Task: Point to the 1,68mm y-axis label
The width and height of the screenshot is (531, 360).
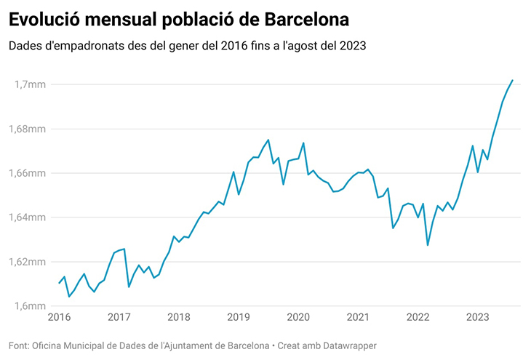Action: tap(28, 129)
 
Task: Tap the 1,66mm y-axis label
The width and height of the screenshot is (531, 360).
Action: tap(28, 173)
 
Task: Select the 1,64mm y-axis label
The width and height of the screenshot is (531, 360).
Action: tap(28, 217)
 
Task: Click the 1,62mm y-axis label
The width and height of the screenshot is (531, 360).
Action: tap(28, 262)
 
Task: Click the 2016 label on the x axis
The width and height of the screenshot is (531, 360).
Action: tap(59, 317)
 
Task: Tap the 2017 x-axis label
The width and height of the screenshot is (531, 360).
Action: tap(119, 317)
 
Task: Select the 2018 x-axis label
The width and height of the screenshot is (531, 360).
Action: tap(178, 317)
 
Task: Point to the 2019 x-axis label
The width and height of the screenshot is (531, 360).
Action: tap(239, 317)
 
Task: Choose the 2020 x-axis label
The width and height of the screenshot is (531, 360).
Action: tap(298, 317)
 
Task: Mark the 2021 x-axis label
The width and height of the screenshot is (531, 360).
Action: tap(358, 317)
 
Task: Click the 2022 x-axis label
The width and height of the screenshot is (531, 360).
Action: tap(418, 317)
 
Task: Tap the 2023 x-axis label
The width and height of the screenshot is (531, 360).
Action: tap(477, 317)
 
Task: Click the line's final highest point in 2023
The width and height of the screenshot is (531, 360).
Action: tap(512, 80)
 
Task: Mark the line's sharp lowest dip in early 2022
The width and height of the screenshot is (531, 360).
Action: tap(428, 245)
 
